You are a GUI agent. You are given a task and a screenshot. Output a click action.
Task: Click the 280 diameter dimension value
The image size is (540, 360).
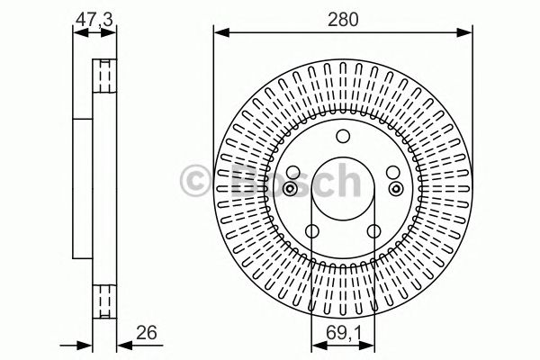click(343, 19)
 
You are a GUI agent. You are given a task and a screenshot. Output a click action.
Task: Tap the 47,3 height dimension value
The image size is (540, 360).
click(94, 19)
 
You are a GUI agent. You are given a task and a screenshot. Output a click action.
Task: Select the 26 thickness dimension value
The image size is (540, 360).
click(147, 332)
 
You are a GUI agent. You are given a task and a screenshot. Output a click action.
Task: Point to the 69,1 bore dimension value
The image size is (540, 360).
click(344, 333)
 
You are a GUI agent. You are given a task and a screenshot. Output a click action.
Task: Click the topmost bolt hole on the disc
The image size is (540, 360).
click(343, 137)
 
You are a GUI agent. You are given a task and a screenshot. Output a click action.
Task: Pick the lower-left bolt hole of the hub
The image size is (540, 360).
click(312, 231)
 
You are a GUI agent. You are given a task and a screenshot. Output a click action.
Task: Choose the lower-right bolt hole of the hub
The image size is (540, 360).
click(373, 231)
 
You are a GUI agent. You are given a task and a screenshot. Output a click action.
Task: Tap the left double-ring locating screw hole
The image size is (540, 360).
click(290, 188)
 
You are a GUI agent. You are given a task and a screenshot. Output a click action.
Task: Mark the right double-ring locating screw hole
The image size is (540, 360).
click(396, 188)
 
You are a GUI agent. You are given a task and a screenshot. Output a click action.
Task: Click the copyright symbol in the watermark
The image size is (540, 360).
click(195, 180)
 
